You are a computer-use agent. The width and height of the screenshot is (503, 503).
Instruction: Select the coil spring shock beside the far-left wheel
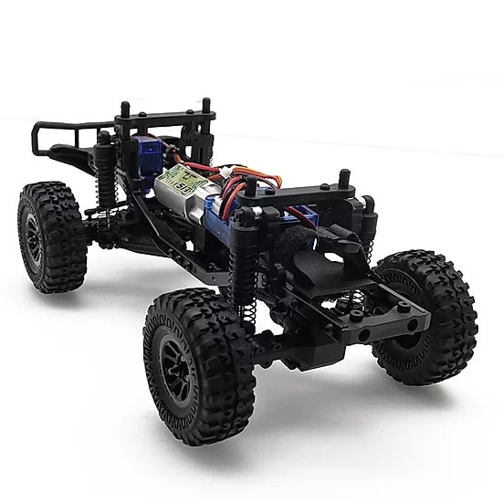click(x=106, y=178)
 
